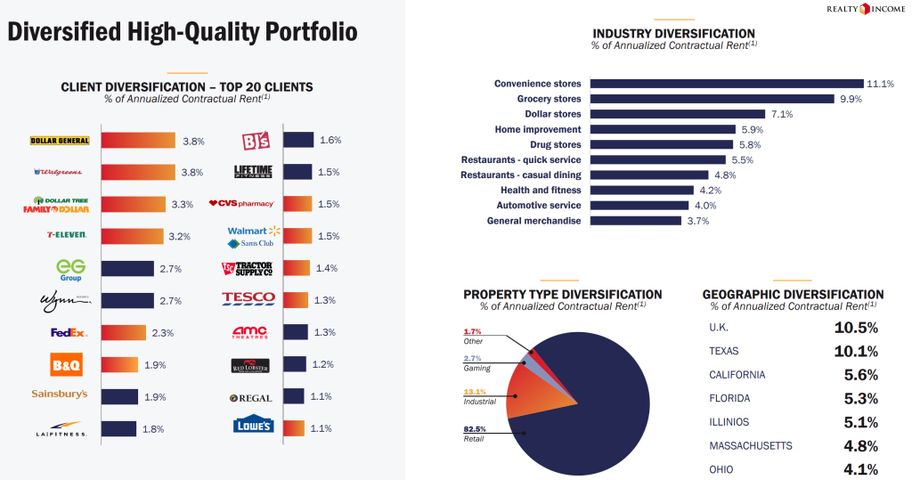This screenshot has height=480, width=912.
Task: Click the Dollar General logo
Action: pyautogui.click(x=60, y=140)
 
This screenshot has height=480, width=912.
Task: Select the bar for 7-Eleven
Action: pyautogui.click(x=133, y=236)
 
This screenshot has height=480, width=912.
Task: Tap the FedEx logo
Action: pyautogui.click(x=69, y=333)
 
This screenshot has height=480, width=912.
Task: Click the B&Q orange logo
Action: pyautogui.click(x=66, y=365)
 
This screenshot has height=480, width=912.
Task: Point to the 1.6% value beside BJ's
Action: pyautogui.click(x=330, y=140)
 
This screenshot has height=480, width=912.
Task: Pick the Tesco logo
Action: pyautogui.click(x=248, y=298)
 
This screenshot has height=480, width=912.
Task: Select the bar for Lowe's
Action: pyautogui.click(x=294, y=428)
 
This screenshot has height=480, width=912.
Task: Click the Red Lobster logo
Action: pyautogui.click(x=250, y=365)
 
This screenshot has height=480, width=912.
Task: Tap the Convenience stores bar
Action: pyautogui.click(x=727, y=84)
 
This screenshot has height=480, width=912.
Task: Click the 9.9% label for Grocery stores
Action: pyautogui.click(x=851, y=99)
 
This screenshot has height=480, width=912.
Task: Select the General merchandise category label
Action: pyautogui.click(x=534, y=221)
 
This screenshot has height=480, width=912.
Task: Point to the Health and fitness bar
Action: pyautogui.click(x=642, y=191)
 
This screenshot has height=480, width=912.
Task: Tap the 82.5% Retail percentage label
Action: pyautogui.click(x=475, y=429)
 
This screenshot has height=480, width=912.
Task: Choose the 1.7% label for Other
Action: pyautogui.click(x=472, y=331)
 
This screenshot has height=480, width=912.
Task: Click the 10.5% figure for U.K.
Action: pyautogui.click(x=856, y=328)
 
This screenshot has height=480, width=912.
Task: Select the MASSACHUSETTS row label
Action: pyautogui.click(x=750, y=445)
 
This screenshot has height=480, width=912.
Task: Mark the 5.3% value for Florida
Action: pyautogui.click(x=861, y=399)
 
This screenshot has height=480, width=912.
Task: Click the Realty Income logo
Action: pyautogui.click(x=866, y=9)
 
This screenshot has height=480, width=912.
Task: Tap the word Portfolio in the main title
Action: pyautogui.click(x=311, y=32)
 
